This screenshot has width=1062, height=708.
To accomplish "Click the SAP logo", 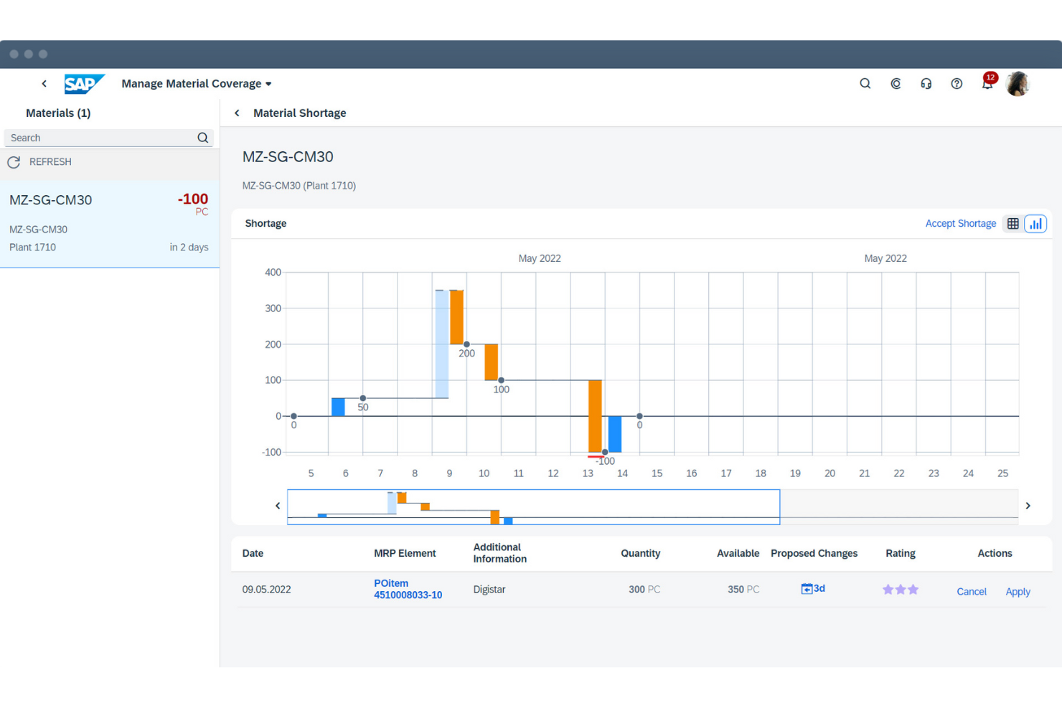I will (84, 84).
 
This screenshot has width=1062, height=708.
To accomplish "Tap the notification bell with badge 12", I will (987, 84).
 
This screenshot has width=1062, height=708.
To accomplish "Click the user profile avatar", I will (1018, 84).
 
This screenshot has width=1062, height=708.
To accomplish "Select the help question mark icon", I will (957, 84).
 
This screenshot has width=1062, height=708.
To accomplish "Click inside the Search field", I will (100, 138).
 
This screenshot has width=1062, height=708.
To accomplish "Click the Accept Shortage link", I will (960, 224).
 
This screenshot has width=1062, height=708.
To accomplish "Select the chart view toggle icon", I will (1035, 224).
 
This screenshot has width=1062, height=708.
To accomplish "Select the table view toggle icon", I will (1012, 224).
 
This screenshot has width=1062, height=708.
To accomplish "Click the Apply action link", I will (1018, 592).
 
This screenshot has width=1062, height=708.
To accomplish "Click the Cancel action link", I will (971, 592).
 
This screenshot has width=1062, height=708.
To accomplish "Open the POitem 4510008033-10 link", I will (407, 589).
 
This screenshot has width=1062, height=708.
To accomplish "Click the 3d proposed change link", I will (813, 589).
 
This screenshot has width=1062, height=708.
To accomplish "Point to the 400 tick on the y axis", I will (273, 273).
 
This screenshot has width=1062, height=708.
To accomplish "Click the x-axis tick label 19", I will (795, 473).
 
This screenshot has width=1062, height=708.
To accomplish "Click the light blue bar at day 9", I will (442, 344).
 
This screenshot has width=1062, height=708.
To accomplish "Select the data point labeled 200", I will (466, 345).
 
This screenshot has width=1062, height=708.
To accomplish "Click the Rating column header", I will (900, 554).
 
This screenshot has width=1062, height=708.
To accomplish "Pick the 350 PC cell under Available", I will (743, 590).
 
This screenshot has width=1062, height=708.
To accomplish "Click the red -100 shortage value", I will (192, 199).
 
